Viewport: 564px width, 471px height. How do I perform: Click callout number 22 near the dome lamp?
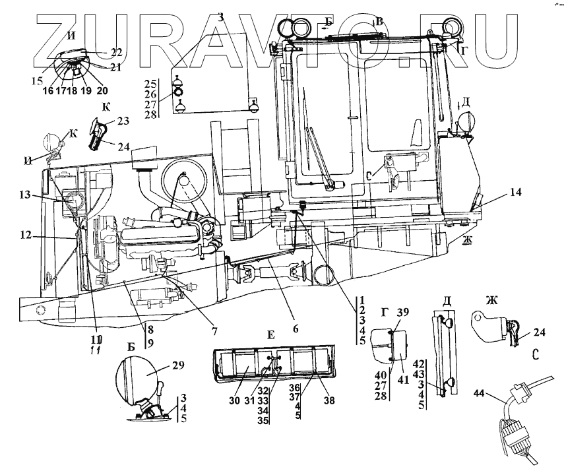pyautogui.click(x=117, y=52)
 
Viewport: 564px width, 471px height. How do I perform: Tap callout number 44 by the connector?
pyautogui.click(x=480, y=394)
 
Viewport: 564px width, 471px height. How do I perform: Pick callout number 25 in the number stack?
pyautogui.click(x=150, y=84)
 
